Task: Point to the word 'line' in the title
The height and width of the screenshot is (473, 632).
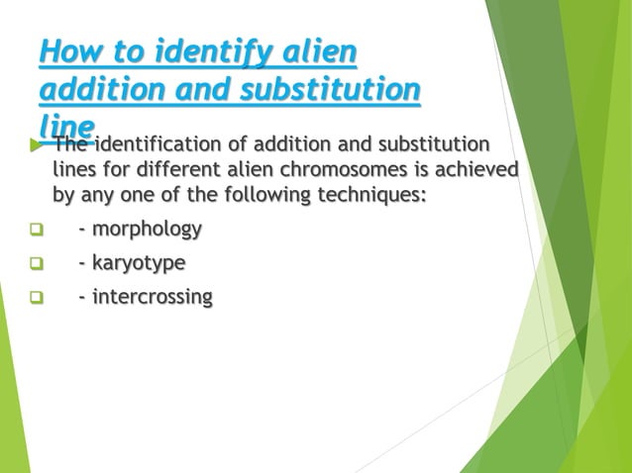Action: click(x=67, y=128)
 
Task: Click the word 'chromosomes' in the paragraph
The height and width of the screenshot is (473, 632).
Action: click(x=301, y=169)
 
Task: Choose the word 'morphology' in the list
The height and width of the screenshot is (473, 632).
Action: click(x=147, y=230)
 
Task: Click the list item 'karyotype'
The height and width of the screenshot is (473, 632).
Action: click(x=138, y=263)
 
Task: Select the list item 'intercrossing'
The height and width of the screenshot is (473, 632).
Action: click(x=152, y=297)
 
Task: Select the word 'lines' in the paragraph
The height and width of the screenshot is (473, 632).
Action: click(x=73, y=169)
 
